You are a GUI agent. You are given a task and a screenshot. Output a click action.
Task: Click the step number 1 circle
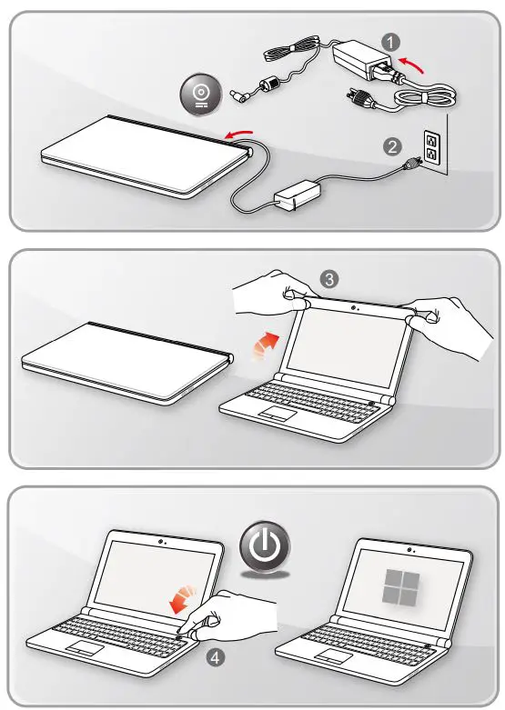point(390,42)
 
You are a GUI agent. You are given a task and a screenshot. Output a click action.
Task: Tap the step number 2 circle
point(392,146)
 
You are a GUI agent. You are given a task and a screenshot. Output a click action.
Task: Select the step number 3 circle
point(329,279)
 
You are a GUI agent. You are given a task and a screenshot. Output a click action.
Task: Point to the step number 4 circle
point(216,657)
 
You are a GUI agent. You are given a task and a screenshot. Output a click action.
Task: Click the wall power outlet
point(430,147)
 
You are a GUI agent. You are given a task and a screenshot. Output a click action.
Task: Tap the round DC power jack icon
point(201,95)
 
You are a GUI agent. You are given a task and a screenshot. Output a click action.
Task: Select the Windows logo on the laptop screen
point(400,587)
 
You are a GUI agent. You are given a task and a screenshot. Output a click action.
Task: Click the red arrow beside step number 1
point(412,65)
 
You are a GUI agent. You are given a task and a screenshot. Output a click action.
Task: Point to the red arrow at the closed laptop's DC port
point(239,134)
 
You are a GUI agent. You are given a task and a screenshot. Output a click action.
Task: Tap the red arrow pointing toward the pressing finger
point(183,599)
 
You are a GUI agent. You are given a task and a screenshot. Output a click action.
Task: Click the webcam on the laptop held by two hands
point(353,307)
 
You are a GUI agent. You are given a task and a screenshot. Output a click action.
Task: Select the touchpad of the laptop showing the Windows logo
point(334,656)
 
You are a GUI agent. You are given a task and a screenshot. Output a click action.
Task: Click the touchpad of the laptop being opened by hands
point(278,414)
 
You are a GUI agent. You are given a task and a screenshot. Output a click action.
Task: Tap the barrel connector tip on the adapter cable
point(237,95)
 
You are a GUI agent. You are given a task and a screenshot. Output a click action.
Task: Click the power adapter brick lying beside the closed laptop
point(298,195)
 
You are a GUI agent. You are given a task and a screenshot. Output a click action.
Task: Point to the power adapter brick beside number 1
point(361,59)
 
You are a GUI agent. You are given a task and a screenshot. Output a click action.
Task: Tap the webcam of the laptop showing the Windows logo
point(409,550)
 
